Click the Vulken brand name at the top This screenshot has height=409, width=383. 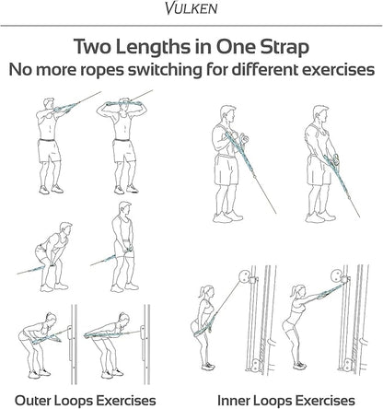pos(191,8)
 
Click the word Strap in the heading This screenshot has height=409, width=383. pos(284,47)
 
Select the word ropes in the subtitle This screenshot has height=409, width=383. pos(102,71)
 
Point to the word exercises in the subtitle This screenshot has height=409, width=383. pos(338,70)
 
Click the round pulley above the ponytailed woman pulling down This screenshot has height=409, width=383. pos(245,276)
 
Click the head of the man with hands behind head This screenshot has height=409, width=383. pos(124,104)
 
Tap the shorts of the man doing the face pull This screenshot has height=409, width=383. pos(49,150)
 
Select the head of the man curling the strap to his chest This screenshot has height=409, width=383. pos(227,113)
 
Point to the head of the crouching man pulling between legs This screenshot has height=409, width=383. pos(65,229)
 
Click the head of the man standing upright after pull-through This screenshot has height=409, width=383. pos(124,209)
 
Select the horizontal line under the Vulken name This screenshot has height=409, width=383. pos(191,26)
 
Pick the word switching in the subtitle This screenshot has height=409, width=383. pos(165,71)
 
